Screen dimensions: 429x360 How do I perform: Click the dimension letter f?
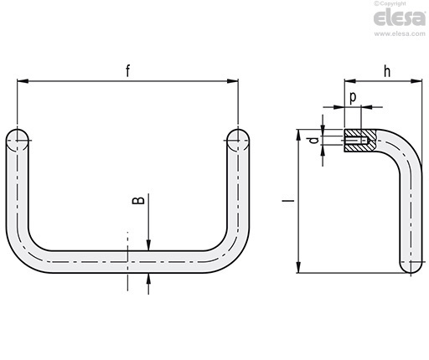click(x=128, y=70)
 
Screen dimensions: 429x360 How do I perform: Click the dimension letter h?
click(x=387, y=71)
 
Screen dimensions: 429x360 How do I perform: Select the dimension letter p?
click(x=353, y=98)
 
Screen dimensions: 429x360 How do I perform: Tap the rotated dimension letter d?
click(x=315, y=140)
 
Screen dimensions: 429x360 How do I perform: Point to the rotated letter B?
click(x=138, y=200)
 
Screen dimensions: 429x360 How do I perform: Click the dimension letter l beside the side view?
click(x=288, y=200)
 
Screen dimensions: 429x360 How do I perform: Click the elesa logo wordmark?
click(x=400, y=18)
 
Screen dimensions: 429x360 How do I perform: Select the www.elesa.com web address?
click(x=400, y=33)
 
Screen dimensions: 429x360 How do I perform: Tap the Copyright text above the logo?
click(x=390, y=3)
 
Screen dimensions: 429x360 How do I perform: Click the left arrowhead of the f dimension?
click(x=23, y=81)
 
